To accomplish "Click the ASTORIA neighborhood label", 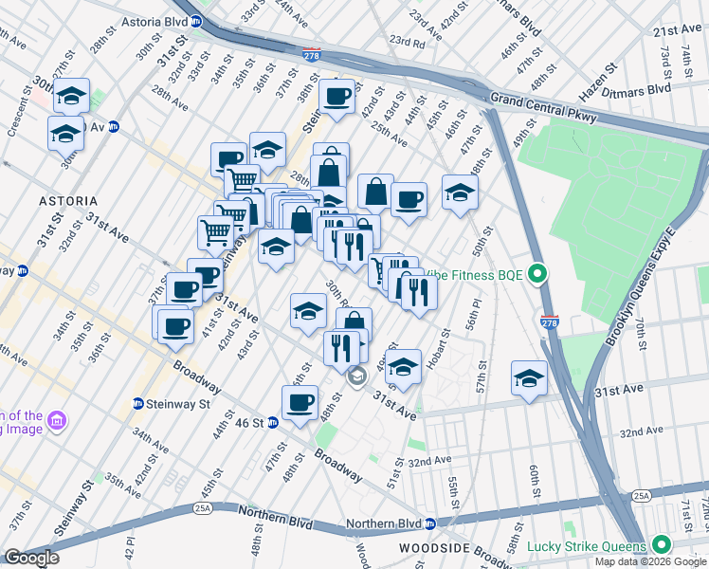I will tap(67, 201).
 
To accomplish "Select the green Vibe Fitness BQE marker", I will tap(538, 275).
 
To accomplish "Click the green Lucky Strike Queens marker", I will tap(661, 545).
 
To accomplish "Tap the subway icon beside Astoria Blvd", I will tap(196, 19).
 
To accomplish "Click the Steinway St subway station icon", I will tap(137, 404).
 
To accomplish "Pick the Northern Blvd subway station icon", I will tap(430, 523).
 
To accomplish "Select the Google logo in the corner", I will tap(30, 558).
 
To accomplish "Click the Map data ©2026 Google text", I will tap(649, 561).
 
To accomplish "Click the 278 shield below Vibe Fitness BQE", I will tap(550, 321).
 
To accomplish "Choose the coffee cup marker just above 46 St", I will tap(300, 402).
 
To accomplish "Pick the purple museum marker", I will tap(55, 420).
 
